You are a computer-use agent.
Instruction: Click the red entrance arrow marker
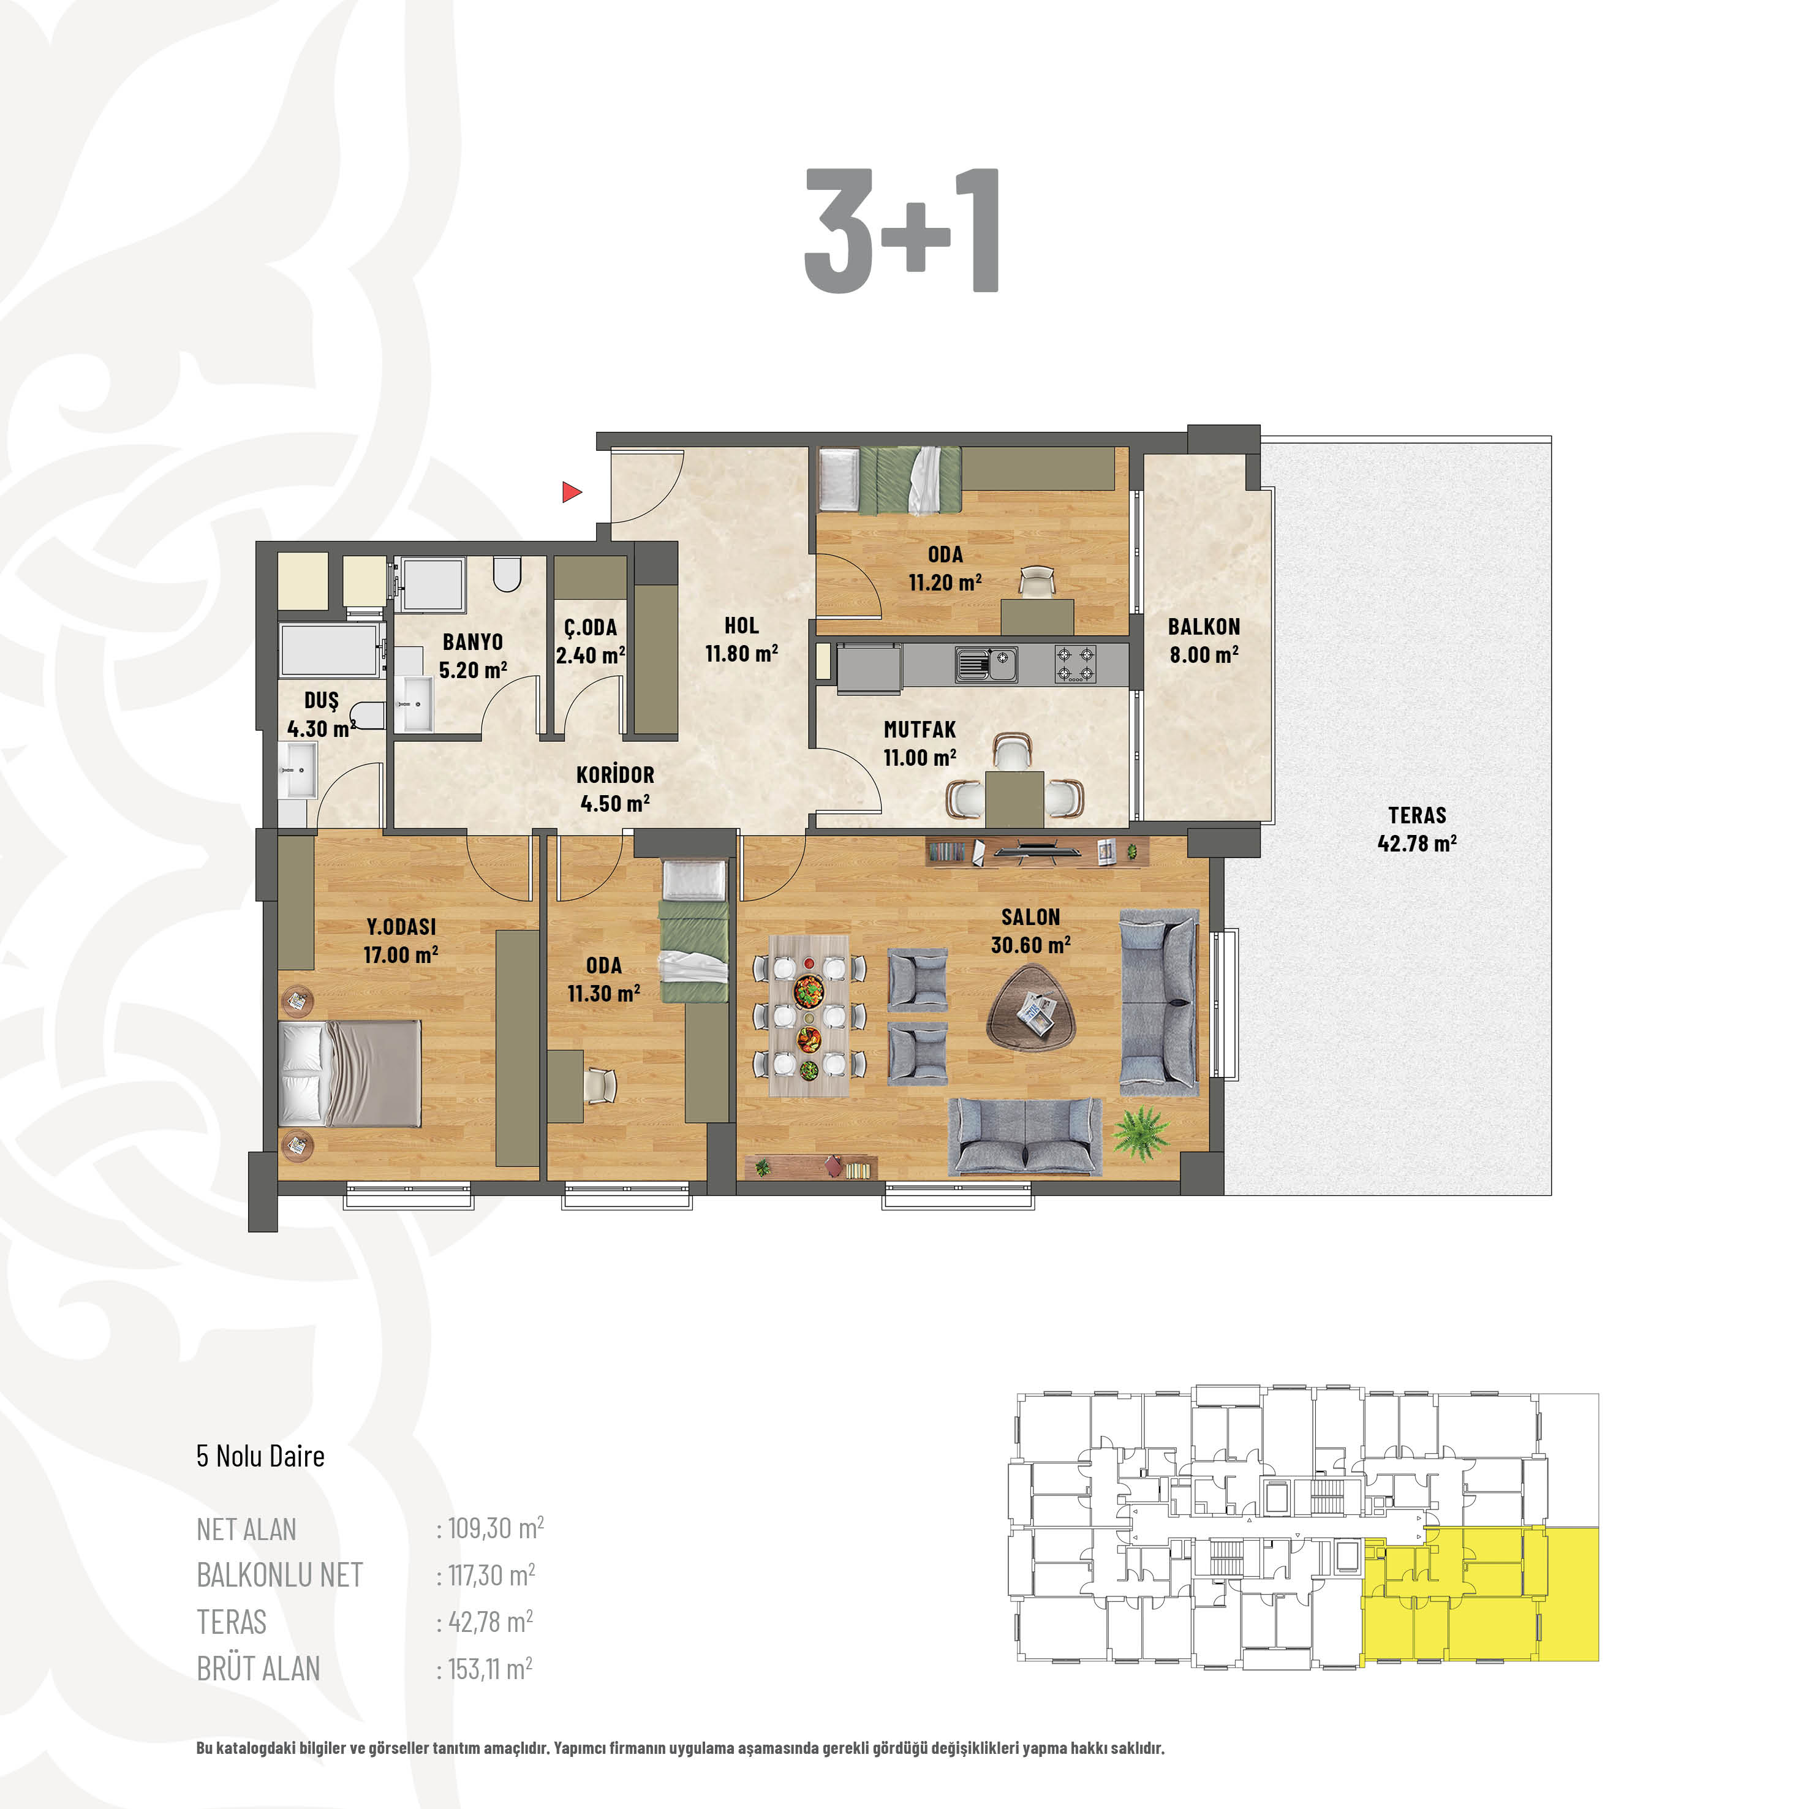pyautogui.click(x=571, y=491)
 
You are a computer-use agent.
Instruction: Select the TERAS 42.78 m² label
pyautogui.click(x=1417, y=829)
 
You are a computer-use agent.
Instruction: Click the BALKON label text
pyautogui.click(x=1204, y=627)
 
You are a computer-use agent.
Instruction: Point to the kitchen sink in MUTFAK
pyautogui.click(x=986, y=664)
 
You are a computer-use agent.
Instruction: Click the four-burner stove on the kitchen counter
pyautogui.click(x=1075, y=664)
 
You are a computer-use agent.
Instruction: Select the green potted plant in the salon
pyautogui.click(x=1141, y=1133)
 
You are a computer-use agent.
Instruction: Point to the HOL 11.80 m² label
pyautogui.click(x=742, y=640)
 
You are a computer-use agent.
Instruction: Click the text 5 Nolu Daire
pyautogui.click(x=260, y=1456)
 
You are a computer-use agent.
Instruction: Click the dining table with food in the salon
pyautogui.click(x=809, y=1016)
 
